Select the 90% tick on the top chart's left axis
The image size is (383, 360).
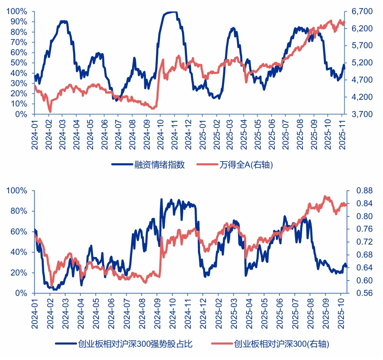pos(19,22)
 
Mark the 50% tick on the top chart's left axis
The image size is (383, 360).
pos(19,63)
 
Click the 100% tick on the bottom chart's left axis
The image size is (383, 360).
pos(17,191)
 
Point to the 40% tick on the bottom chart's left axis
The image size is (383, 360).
pos(19,252)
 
